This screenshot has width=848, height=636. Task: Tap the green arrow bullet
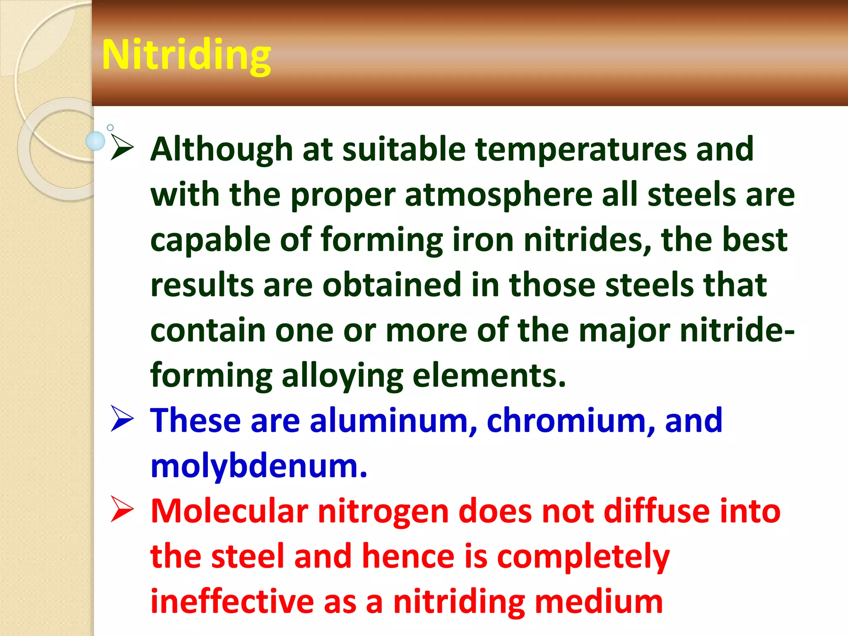click(122, 148)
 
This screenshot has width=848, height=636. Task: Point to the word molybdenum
click(259, 466)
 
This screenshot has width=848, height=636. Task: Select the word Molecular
click(229, 511)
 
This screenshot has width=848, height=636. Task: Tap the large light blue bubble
click(96, 141)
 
